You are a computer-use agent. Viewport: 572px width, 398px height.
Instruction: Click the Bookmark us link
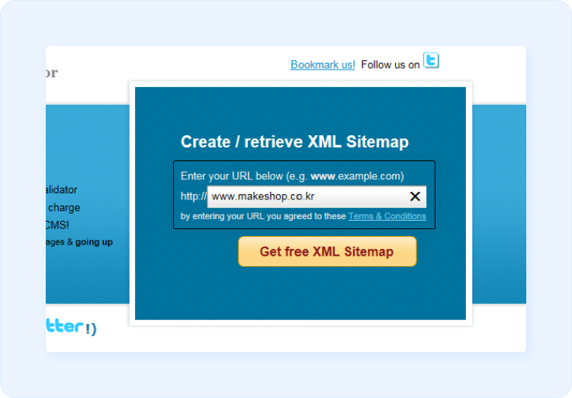[x=322, y=65]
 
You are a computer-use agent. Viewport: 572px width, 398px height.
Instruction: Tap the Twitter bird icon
[x=432, y=61]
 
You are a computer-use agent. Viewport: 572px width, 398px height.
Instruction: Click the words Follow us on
[x=390, y=65]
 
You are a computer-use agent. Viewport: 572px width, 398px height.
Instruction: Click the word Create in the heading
[x=205, y=142]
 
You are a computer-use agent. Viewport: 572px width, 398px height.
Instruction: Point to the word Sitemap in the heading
[x=378, y=142]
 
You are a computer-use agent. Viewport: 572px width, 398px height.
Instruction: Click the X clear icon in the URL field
[x=415, y=197]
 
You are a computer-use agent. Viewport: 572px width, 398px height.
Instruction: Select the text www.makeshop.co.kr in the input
[x=263, y=197]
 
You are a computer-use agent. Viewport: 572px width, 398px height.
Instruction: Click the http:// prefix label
[x=193, y=196]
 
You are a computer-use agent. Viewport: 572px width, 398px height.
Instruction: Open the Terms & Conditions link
[x=387, y=216]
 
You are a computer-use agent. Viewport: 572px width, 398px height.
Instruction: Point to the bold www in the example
[x=323, y=176]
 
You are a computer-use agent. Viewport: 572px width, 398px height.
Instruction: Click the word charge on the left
[x=64, y=207]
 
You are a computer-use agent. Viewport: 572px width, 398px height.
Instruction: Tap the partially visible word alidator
[x=61, y=189]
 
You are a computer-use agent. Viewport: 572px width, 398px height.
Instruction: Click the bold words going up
[x=94, y=242]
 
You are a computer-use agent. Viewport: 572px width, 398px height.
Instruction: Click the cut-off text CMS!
[x=57, y=225]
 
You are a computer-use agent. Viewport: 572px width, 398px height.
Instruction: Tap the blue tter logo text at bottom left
[x=65, y=326]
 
